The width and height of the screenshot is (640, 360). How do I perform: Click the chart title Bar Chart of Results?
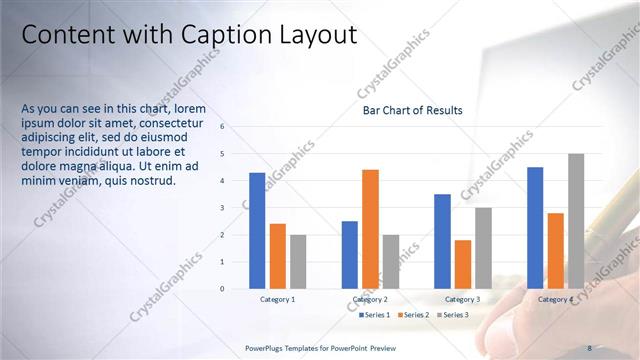click(412, 110)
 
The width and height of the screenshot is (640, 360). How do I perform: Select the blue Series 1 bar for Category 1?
click(257, 230)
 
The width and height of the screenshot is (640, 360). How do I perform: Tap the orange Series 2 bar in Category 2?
click(370, 228)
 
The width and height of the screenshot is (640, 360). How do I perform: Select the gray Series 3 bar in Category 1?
click(298, 261)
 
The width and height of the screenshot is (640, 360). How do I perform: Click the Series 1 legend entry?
click(374, 315)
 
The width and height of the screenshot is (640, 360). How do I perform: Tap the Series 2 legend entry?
click(413, 315)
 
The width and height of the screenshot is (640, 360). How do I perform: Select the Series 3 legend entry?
click(452, 315)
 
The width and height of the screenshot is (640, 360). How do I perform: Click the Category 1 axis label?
click(277, 299)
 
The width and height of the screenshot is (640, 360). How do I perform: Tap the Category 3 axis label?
click(463, 299)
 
